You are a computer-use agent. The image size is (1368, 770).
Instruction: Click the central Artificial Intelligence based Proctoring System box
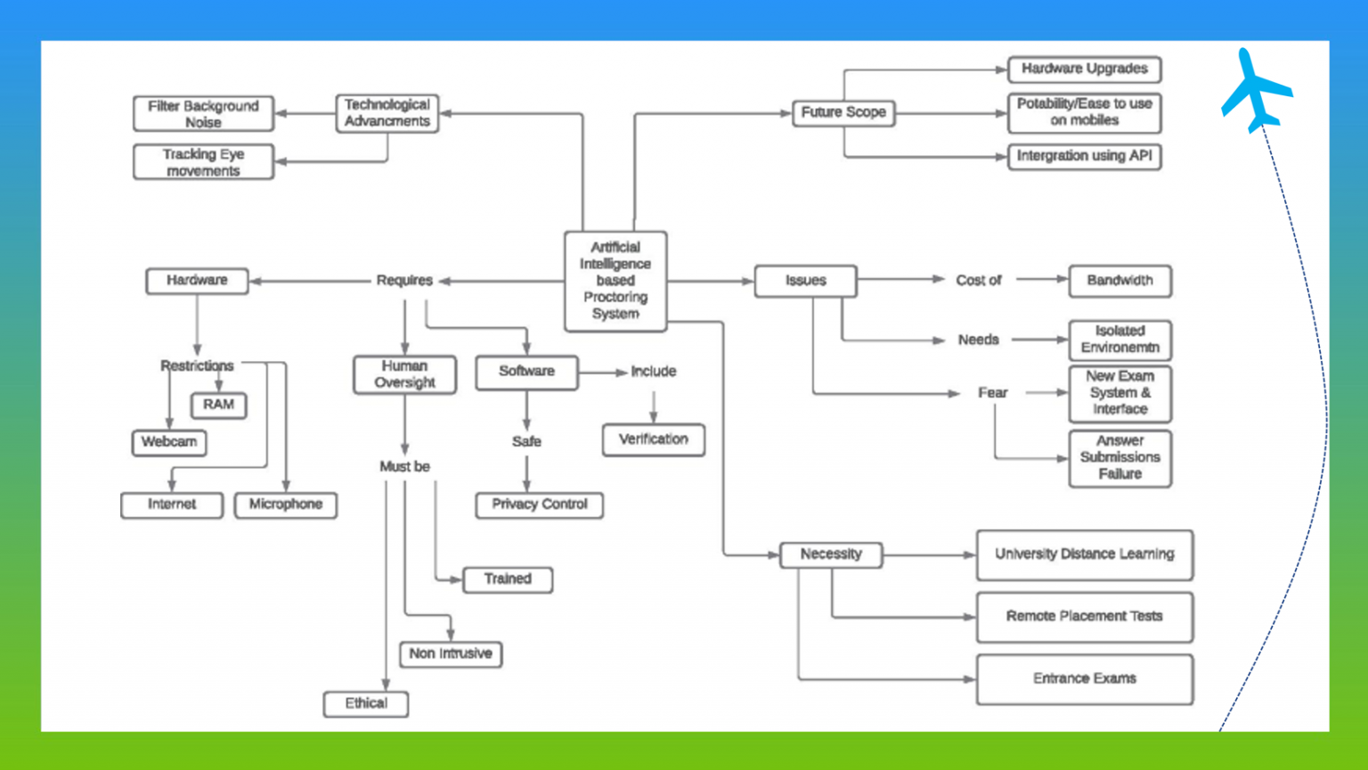tap(615, 281)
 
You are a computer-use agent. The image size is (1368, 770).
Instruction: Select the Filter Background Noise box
tap(203, 113)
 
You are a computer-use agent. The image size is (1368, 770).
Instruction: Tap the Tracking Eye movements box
tap(203, 162)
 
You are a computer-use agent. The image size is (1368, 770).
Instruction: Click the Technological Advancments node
tap(387, 113)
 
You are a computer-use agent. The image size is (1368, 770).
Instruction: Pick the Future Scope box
tap(843, 112)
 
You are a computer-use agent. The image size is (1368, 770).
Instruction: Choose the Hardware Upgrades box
tap(1084, 69)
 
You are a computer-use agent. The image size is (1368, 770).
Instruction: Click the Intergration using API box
tap(1084, 156)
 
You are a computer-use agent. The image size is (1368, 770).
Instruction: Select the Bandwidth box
tap(1120, 281)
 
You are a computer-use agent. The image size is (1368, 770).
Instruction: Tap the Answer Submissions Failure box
tap(1120, 458)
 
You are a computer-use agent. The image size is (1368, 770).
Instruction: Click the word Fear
tap(992, 393)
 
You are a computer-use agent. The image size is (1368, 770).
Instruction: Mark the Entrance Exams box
tap(1084, 679)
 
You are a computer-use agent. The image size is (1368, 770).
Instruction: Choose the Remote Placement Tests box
tap(1084, 617)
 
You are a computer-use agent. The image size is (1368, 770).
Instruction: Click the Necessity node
tap(831, 554)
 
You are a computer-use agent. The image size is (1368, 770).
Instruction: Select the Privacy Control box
tap(539, 504)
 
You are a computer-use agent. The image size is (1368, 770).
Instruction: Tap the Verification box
tap(653, 439)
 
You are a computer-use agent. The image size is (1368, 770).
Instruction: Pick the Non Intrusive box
tap(450, 654)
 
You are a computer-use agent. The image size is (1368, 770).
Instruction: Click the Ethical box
tap(366, 704)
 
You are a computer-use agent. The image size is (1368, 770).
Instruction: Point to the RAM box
tap(218, 405)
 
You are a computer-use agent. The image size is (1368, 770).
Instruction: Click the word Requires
tap(404, 281)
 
